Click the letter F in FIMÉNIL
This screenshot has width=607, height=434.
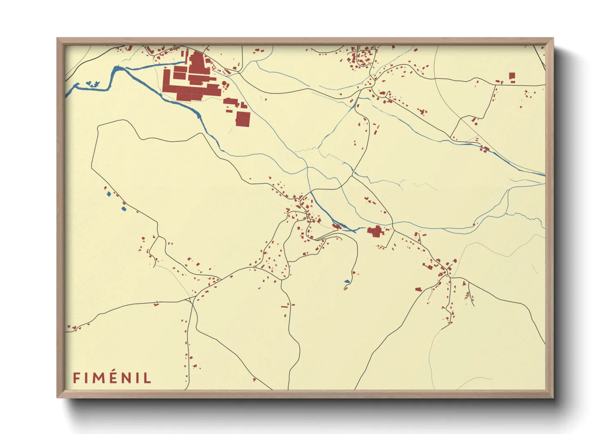pyautogui.click(x=76, y=378)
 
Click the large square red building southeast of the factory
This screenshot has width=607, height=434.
pyautogui.click(x=242, y=119)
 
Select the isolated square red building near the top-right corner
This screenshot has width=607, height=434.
pyautogui.click(x=512, y=75)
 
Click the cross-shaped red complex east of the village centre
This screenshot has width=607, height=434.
pyautogui.click(x=375, y=232)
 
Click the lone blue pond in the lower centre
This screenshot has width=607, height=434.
pyautogui.click(x=347, y=281)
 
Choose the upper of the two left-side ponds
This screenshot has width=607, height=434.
pyautogui.click(x=108, y=194)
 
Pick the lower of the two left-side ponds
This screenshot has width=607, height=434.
pyautogui.click(x=124, y=209)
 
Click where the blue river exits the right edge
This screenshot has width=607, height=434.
pyautogui.click(x=544, y=175)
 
